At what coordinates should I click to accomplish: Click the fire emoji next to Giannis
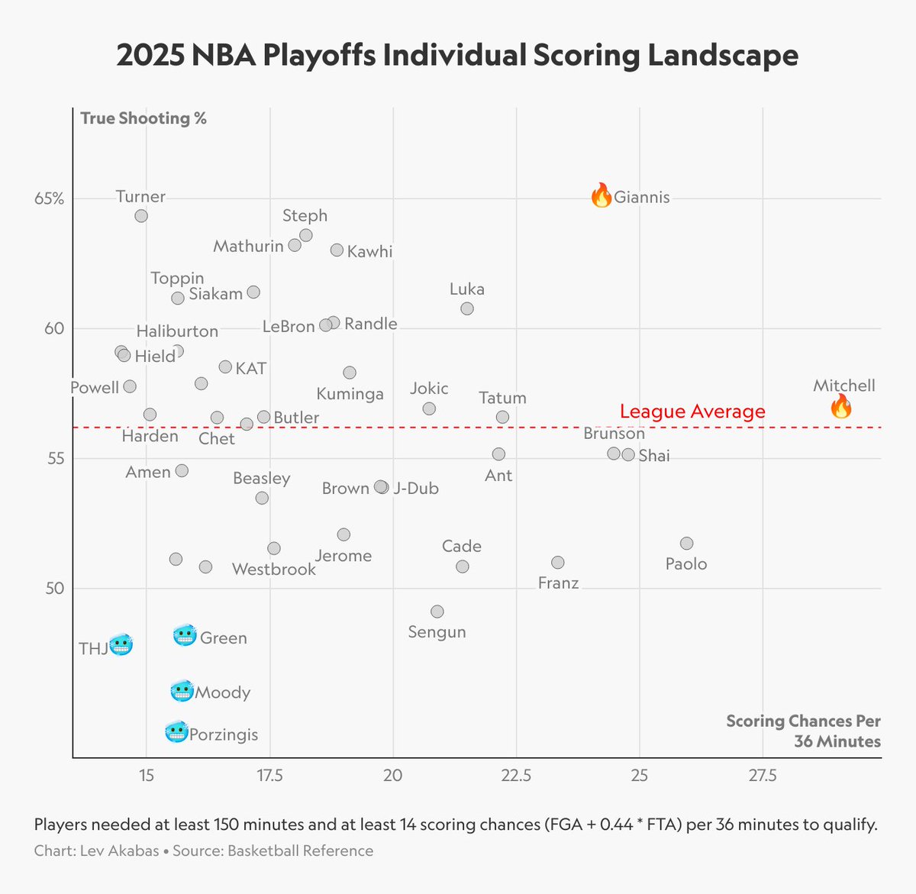[602, 195]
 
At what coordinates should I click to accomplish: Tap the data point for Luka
[467, 308]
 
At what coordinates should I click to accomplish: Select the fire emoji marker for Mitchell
[840, 406]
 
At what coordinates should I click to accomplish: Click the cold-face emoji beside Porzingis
[176, 733]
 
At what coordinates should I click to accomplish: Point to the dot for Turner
[141, 216]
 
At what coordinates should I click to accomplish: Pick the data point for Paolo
[686, 544]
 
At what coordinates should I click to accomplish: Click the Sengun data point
[437, 612]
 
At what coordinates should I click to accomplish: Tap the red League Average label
[692, 411]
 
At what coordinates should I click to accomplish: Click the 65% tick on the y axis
[50, 198]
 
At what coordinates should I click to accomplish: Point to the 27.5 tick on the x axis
[763, 776]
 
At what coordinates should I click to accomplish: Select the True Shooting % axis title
[144, 118]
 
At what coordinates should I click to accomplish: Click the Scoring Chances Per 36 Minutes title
[803, 731]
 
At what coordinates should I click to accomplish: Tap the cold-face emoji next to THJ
[121, 646]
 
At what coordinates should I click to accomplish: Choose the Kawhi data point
[337, 250]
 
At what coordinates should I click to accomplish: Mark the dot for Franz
[558, 563]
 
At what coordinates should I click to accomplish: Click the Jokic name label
[429, 389]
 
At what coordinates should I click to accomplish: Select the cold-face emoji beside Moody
[182, 692]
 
